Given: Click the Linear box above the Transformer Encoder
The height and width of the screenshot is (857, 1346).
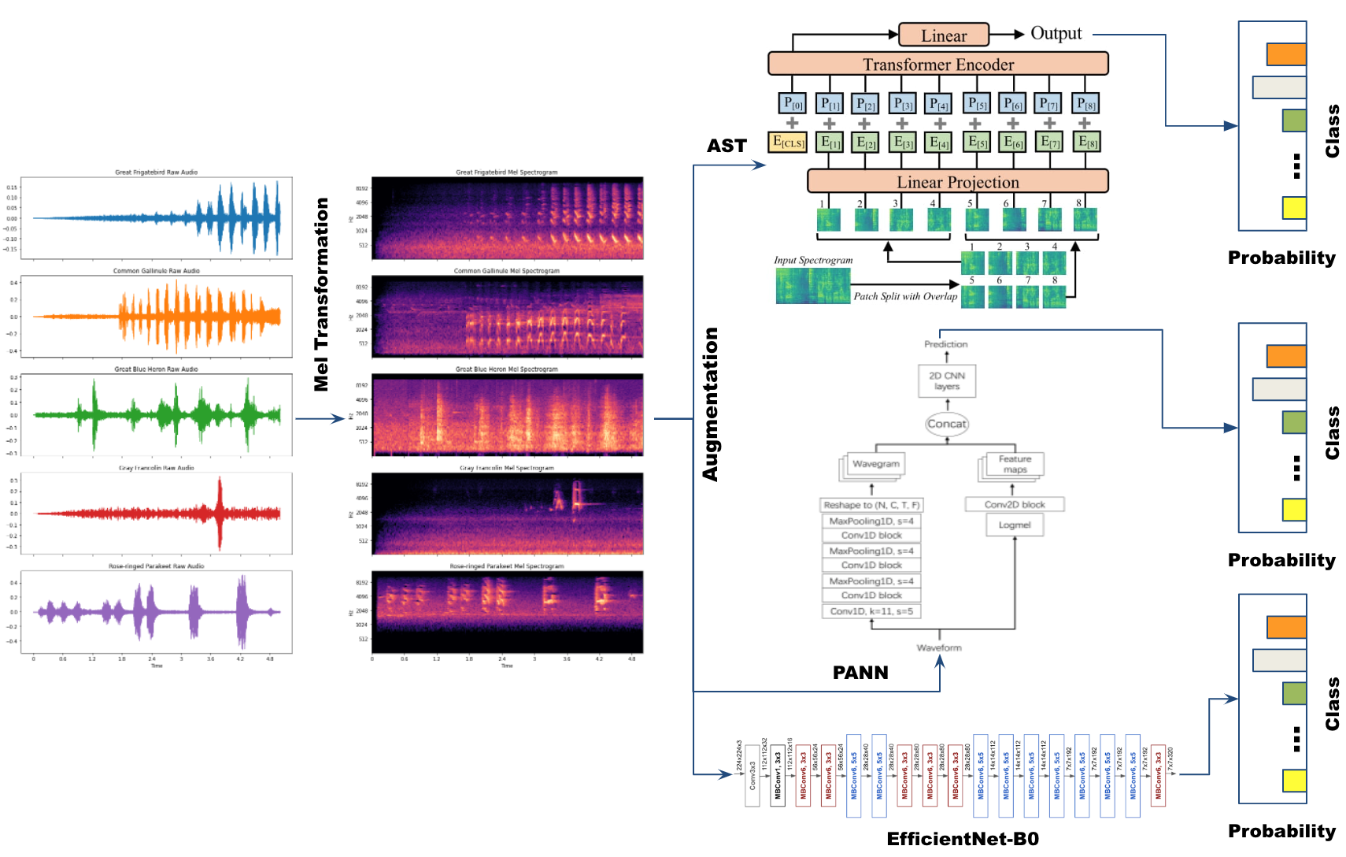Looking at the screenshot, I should (944, 35).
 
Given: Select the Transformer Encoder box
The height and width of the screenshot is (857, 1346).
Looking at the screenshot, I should (937, 64).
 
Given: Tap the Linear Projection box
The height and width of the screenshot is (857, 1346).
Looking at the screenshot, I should (957, 182).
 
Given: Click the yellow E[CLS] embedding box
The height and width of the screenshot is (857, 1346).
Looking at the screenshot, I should (787, 143).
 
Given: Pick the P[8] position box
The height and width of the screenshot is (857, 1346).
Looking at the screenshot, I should (1086, 104).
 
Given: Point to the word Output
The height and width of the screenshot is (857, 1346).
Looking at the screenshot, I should (1056, 34).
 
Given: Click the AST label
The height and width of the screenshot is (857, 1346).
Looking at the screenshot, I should (726, 146).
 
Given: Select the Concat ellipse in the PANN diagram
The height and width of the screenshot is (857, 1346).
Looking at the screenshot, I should (946, 424).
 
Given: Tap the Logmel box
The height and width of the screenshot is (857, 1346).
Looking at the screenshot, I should (1015, 525).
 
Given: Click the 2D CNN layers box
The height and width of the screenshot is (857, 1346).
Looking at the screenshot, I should (947, 381).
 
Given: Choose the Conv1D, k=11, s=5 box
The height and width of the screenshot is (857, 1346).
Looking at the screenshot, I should (871, 611).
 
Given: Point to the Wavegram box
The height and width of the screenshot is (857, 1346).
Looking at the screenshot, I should (875, 464).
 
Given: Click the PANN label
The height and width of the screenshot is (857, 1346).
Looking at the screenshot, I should (860, 673).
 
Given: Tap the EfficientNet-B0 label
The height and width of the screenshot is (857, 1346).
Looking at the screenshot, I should (963, 839).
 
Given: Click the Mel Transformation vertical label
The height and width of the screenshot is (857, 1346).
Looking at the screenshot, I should (321, 294).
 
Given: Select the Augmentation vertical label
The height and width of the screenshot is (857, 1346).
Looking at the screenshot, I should (711, 404).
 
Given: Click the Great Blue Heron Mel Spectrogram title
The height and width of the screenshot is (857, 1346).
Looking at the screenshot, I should (506, 369).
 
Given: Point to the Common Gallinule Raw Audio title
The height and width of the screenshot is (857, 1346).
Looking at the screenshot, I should (156, 271).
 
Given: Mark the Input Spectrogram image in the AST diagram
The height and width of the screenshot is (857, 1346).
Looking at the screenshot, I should (812, 286).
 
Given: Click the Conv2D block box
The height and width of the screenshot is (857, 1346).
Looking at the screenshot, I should (1015, 504).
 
